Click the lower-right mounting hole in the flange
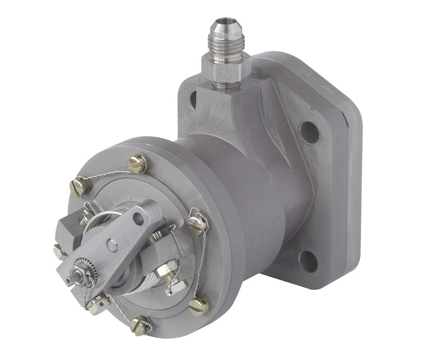pos(308,261)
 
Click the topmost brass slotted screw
pos(138,164)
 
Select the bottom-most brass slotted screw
pos(140,325)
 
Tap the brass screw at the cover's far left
pos(81,186)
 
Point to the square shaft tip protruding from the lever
pos(70,280)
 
